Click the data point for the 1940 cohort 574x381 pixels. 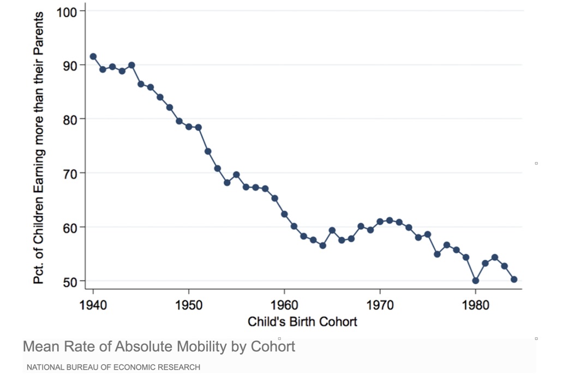(93, 56)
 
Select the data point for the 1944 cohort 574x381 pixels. (131, 66)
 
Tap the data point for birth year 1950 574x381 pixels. (189, 127)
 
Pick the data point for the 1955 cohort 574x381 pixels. (236, 175)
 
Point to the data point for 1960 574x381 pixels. (284, 214)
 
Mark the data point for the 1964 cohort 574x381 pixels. (322, 246)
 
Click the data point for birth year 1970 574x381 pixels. (380, 222)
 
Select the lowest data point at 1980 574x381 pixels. (475, 281)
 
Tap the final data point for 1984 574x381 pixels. (514, 279)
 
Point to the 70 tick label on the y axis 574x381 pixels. (72, 173)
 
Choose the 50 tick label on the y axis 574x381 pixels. (72, 281)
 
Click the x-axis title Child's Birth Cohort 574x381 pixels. (302, 322)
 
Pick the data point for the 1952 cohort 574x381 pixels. (208, 151)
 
